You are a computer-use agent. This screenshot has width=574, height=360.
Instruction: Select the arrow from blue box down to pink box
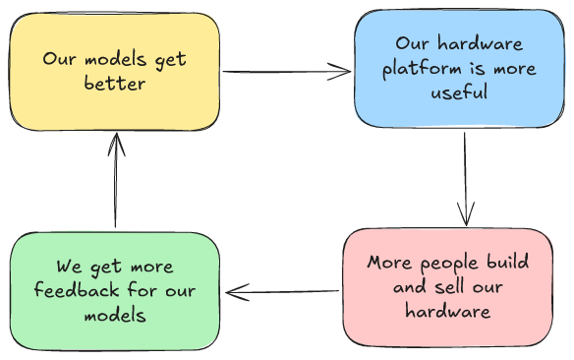click(x=465, y=177)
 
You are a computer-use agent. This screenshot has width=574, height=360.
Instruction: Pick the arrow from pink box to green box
click(x=285, y=291)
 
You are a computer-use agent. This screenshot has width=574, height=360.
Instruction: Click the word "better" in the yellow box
click(x=114, y=84)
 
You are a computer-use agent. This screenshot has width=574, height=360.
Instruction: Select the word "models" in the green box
click(x=115, y=315)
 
